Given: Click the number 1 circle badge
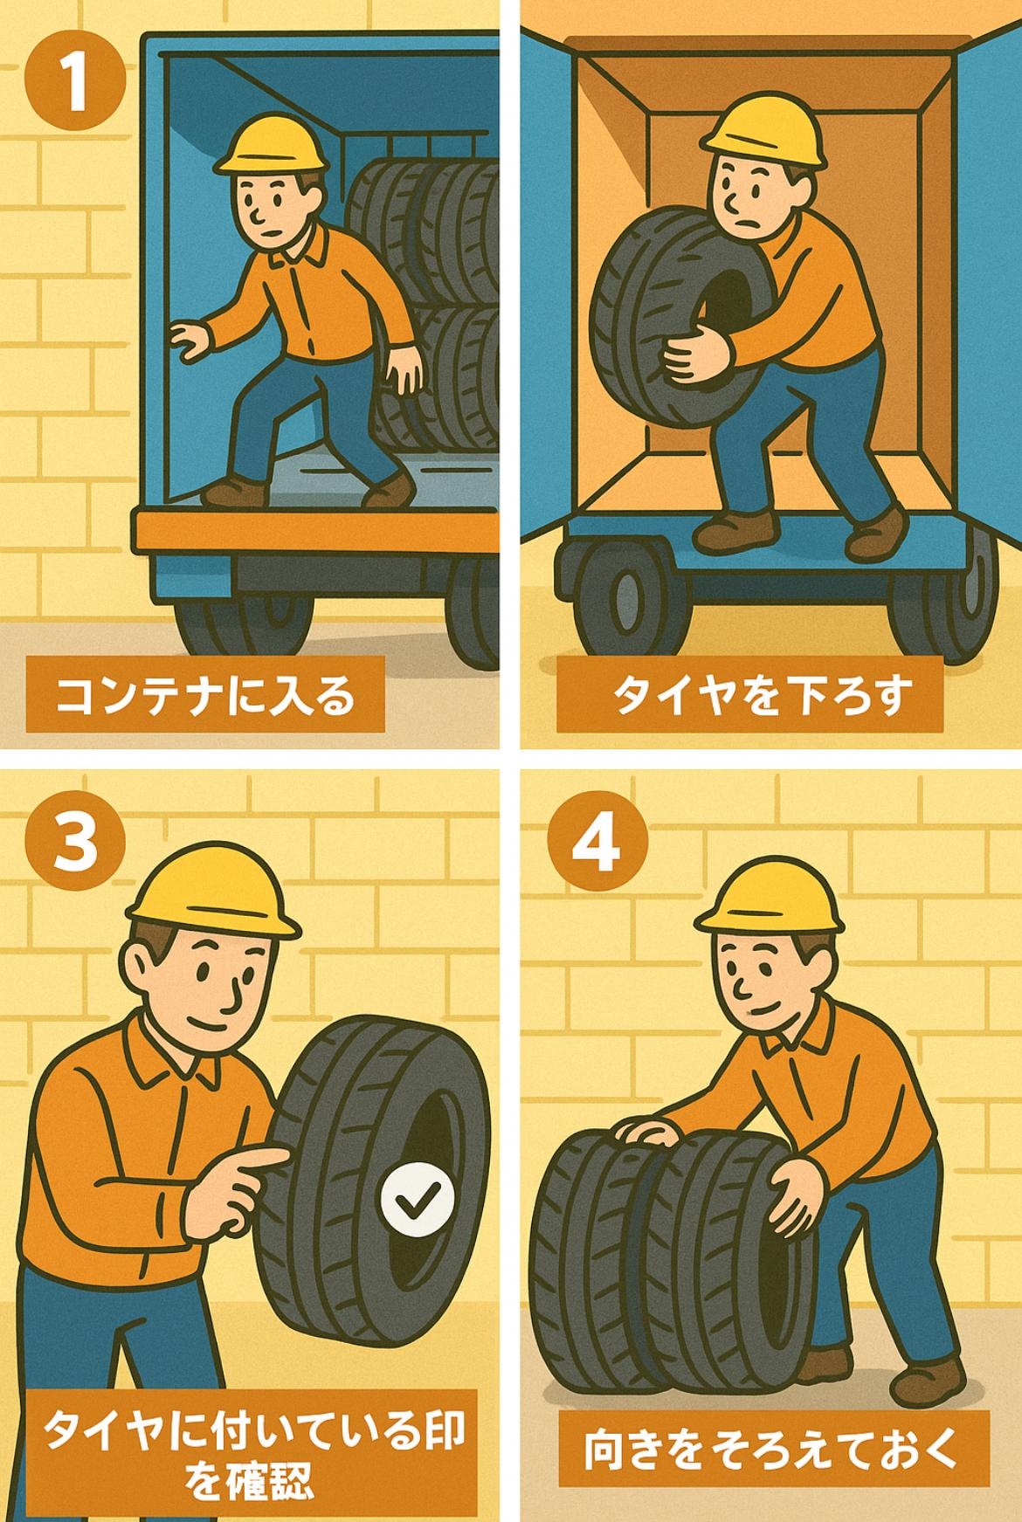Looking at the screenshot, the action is pyautogui.click(x=76, y=82).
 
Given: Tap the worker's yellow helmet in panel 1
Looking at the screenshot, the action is pyautogui.click(x=273, y=144).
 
